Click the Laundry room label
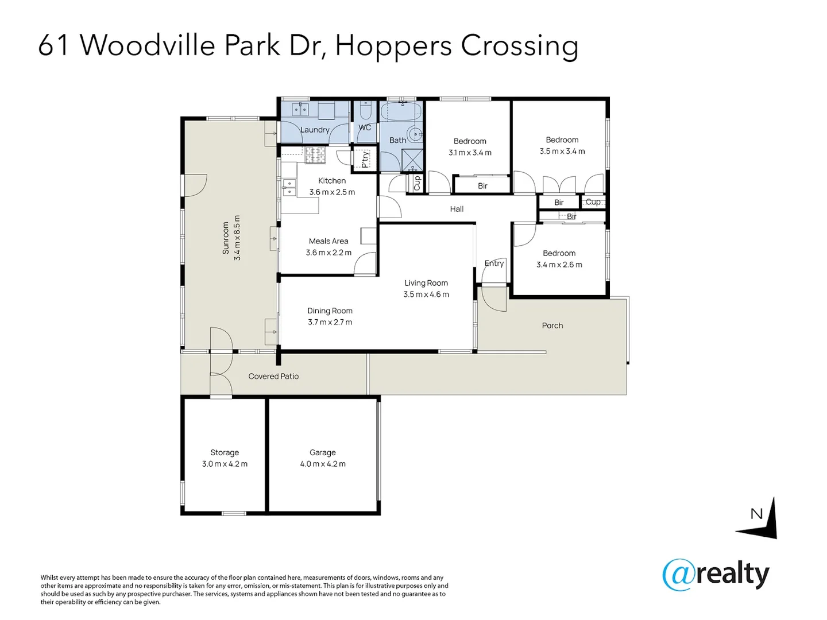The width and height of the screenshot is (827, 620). (315, 130)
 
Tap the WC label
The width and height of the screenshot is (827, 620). (365, 127)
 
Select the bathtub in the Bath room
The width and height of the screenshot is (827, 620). (400, 112)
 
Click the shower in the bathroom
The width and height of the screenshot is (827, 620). (412, 160)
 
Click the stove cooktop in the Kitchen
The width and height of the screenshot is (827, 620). (315, 155)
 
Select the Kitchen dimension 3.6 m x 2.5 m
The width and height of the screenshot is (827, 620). (332, 192)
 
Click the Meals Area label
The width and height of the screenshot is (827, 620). (329, 241)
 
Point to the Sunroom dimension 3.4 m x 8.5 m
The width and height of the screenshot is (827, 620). (237, 238)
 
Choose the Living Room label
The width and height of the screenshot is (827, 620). (426, 283)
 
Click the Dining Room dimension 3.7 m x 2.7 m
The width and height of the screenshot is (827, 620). (330, 322)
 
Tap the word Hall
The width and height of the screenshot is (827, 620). (457, 210)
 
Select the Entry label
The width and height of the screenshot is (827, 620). (494, 263)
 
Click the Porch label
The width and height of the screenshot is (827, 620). (552, 325)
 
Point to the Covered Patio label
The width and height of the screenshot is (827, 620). (273, 377)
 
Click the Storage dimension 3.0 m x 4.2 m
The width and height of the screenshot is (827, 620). (225, 464)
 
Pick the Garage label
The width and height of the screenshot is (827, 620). (323, 452)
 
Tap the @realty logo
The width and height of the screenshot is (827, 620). (716, 575)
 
